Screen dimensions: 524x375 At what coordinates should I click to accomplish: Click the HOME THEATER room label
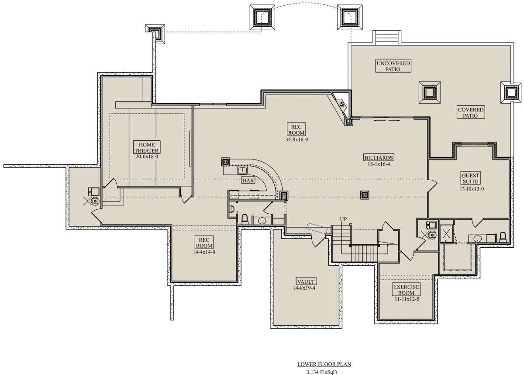147,147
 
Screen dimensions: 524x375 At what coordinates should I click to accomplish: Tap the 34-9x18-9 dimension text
296,140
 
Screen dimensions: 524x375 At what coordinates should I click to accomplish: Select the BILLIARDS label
379,157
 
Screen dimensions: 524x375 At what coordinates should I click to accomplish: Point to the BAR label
248,181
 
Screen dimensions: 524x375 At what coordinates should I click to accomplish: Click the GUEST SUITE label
470,178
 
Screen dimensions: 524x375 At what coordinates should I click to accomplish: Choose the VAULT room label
306,281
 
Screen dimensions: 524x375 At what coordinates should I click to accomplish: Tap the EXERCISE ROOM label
406,290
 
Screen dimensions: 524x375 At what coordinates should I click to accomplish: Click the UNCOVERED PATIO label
393,66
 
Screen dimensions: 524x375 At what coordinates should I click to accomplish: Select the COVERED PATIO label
471,113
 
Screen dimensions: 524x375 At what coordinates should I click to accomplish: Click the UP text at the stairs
343,219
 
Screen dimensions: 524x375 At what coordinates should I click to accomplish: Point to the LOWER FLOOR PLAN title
324,365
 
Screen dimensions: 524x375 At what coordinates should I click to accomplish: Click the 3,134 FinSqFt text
322,372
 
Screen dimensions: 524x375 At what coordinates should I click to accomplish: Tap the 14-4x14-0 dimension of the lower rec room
204,252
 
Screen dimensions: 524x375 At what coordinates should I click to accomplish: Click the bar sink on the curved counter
242,170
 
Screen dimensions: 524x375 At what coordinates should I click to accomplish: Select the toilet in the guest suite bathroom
503,237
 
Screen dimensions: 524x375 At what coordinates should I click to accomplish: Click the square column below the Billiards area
365,195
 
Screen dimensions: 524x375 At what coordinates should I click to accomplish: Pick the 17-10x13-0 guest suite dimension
471,189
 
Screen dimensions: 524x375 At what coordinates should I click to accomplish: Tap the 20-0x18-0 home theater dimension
147,156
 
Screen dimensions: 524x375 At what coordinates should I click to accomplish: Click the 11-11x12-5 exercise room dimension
407,299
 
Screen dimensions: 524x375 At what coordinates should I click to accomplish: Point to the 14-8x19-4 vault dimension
304,288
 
